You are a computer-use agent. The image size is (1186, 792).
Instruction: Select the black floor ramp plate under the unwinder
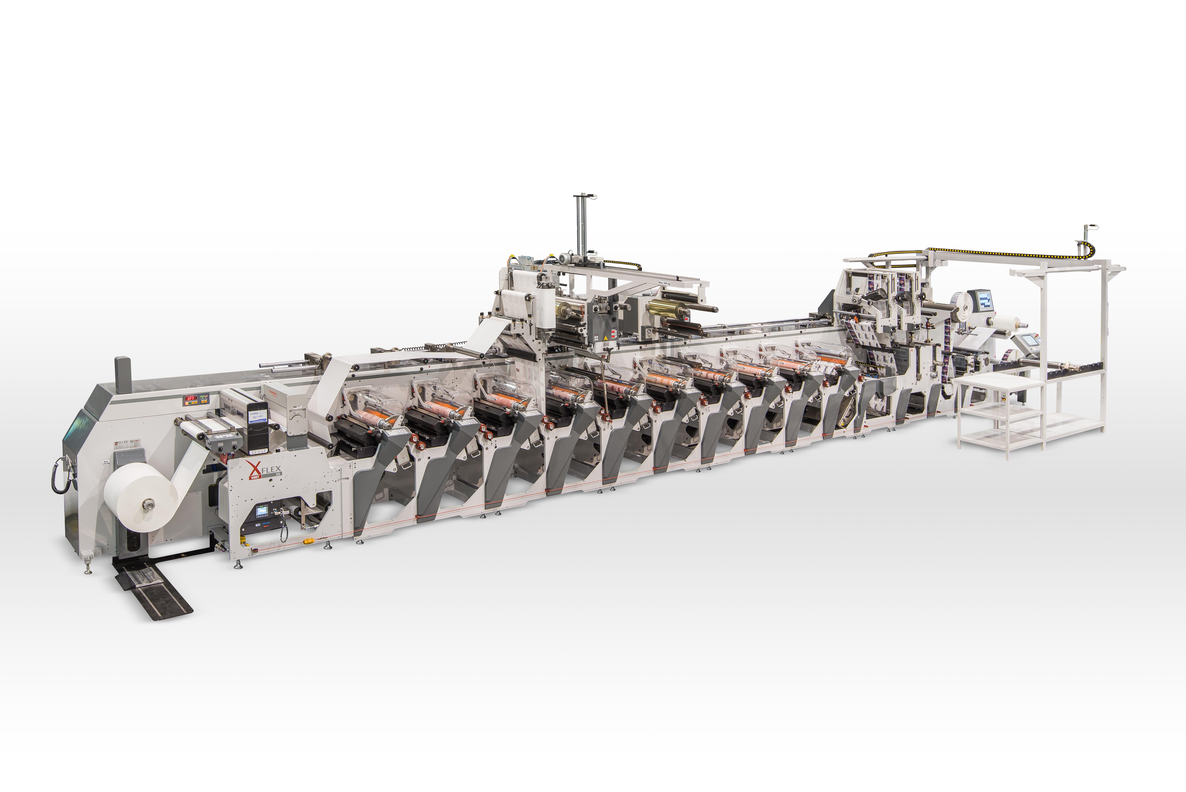tap(151, 589)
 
